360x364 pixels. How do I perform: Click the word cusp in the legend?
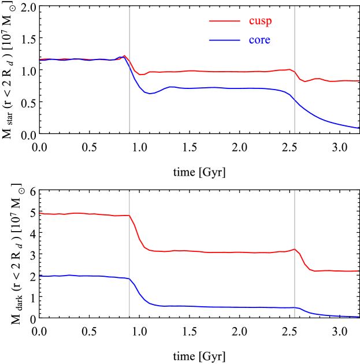pos(260,21)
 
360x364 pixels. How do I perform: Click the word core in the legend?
pos(259,40)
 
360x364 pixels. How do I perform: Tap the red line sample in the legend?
pos(224,21)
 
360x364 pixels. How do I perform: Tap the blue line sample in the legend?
pos(224,40)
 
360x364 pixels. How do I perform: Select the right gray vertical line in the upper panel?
pos(295,35)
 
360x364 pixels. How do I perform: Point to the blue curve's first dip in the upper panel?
pos(150,93)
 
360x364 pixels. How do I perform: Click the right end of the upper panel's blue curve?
pos(358,128)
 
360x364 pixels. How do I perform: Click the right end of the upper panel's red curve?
pos(358,80)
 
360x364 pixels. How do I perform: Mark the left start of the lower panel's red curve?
pos(39,213)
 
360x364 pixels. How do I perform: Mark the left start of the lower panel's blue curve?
pos(39,276)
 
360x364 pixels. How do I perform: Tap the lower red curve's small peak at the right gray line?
pos(295,249)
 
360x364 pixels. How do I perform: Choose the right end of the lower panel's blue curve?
pos(358,317)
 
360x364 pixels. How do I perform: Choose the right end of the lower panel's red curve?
pos(358,271)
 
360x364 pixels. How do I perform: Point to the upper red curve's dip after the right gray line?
pos(305,81)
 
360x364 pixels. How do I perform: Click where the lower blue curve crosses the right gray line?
pos(295,308)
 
